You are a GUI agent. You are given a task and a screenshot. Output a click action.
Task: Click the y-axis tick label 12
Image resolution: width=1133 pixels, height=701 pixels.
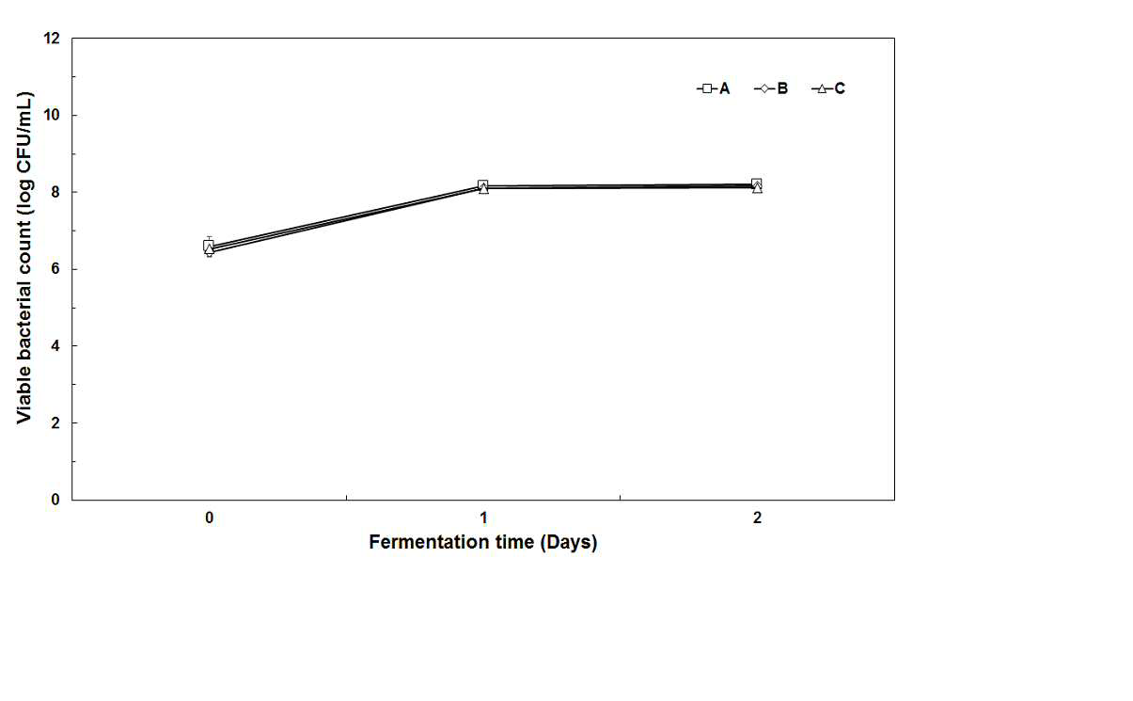point(52,38)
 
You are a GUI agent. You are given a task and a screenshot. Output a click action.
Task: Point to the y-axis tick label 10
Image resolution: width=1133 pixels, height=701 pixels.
point(52,115)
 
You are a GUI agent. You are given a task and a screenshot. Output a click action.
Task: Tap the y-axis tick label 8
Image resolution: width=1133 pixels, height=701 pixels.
point(55,192)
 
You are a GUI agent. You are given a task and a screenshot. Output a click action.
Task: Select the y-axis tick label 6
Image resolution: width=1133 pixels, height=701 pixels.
point(55,269)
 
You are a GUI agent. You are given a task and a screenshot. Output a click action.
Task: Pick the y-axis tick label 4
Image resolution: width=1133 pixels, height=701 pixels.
point(55,345)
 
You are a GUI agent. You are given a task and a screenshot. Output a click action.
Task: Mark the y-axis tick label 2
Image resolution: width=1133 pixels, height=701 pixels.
point(55,422)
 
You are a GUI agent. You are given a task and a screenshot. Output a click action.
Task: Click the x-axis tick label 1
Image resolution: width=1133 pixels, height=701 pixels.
point(483,518)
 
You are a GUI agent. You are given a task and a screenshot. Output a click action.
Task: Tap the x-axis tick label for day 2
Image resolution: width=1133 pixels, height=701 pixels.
point(757,518)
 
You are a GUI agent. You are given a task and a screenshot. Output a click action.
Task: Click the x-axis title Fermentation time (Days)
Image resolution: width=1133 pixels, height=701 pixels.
point(483,543)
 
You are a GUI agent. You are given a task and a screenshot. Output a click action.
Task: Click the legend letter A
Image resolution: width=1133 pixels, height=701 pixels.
point(724,88)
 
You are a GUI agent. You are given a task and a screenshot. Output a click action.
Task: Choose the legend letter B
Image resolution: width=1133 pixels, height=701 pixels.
point(782,88)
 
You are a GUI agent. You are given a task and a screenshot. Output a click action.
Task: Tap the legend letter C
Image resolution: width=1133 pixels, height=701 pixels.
point(840,88)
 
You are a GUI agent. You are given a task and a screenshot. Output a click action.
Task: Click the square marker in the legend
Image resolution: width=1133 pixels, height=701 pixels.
point(707,88)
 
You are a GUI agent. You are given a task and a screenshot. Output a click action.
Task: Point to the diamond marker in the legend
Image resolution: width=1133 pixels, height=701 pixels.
point(764,88)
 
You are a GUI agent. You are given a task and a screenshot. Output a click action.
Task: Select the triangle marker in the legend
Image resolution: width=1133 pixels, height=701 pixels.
point(822,89)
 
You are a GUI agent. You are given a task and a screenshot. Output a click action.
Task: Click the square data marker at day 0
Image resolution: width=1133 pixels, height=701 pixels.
point(209,246)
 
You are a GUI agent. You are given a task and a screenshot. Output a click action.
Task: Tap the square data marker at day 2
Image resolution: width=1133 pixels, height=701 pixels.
point(757,183)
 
